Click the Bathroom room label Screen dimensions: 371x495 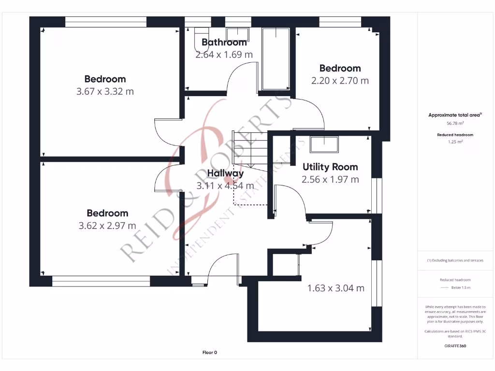click(224, 43)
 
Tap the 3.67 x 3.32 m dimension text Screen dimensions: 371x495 click(105, 91)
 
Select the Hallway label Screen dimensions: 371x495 click(225, 173)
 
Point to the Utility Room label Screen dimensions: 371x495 click(330, 167)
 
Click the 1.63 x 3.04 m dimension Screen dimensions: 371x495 click(335, 288)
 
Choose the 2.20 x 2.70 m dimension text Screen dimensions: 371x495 click(340, 81)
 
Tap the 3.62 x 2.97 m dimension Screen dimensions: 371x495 click(107, 226)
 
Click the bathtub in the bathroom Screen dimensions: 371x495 click(275, 59)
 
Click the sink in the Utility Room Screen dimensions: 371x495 click(324, 144)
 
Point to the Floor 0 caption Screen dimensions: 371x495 click(209, 353)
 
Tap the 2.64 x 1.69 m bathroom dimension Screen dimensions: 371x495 click(224, 55)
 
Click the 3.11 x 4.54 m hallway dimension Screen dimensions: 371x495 click(225, 185)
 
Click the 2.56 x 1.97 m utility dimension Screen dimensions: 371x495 click(330, 180)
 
